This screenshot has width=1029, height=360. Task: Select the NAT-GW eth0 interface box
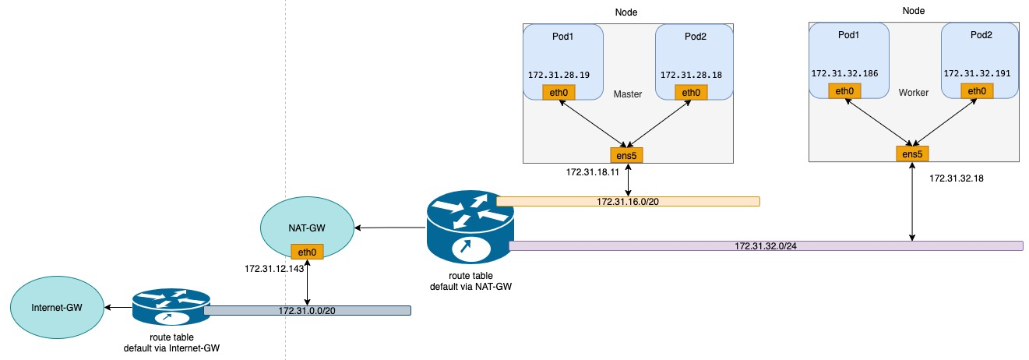(x=307, y=251)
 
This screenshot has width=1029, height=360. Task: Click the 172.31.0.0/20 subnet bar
(x=307, y=311)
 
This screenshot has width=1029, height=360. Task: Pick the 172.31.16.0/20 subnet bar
(x=627, y=201)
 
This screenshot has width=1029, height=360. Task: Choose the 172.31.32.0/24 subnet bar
(x=765, y=245)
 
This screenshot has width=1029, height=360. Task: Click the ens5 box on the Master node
(x=627, y=155)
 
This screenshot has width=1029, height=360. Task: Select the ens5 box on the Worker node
(x=912, y=154)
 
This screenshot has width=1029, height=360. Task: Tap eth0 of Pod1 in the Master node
(x=559, y=93)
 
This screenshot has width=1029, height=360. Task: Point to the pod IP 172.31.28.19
(x=559, y=75)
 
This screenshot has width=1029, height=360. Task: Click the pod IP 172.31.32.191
(x=976, y=73)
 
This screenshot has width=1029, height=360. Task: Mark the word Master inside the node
(x=627, y=94)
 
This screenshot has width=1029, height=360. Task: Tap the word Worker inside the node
(x=914, y=92)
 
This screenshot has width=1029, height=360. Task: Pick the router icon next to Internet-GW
(x=171, y=308)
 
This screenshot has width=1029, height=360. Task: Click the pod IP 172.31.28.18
(x=690, y=75)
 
